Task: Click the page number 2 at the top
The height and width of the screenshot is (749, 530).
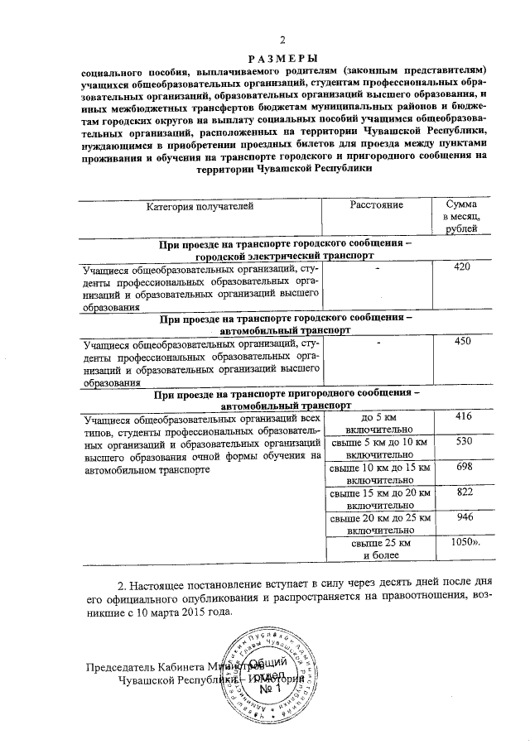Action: tap(283, 41)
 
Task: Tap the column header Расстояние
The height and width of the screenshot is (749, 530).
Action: tap(377, 204)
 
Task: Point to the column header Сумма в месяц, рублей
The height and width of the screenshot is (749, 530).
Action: tap(461, 216)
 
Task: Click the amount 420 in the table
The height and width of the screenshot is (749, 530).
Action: tap(463, 267)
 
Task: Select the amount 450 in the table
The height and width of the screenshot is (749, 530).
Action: tap(463, 341)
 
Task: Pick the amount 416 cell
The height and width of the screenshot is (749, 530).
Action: tap(463, 416)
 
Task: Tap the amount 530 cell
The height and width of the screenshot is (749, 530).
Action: tap(463, 443)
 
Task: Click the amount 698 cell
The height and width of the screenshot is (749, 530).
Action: tap(463, 468)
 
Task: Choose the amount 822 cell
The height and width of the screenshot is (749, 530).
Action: tap(463, 492)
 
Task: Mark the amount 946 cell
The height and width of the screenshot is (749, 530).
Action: tap(463, 518)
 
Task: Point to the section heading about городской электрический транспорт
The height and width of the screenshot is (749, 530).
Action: tap(285, 252)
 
